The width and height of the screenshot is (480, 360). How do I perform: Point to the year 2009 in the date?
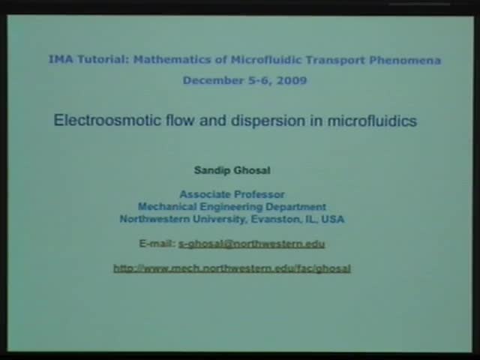[291, 80]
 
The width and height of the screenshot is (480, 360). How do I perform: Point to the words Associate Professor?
[232, 194]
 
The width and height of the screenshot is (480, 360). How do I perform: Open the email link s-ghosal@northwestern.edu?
[251, 244]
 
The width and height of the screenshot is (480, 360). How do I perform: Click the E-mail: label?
[157, 244]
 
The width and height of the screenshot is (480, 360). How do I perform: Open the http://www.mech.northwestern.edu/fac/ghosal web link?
[232, 268]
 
